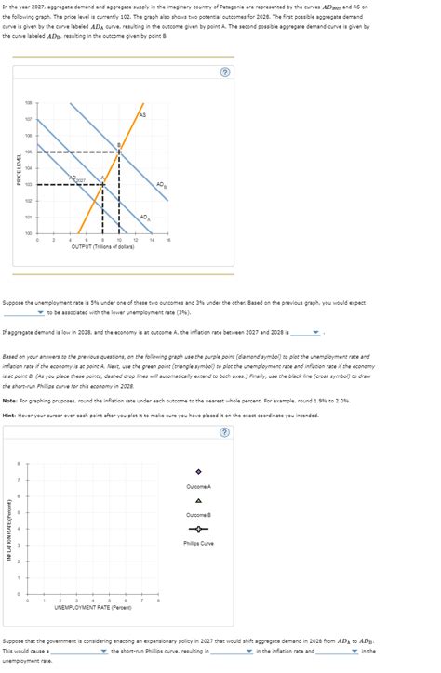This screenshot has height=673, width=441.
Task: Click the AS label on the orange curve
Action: [141, 114]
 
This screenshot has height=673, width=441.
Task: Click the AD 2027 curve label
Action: [104, 178]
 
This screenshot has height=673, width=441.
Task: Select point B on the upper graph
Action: [119, 151]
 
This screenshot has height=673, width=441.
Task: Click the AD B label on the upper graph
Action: [161, 184]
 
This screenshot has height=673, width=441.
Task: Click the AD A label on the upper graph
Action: [142, 218]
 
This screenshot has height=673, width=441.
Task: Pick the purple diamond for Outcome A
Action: [198, 471]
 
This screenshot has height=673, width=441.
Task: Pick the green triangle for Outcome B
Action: [198, 500]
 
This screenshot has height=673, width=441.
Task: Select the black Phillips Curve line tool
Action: [198, 529]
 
